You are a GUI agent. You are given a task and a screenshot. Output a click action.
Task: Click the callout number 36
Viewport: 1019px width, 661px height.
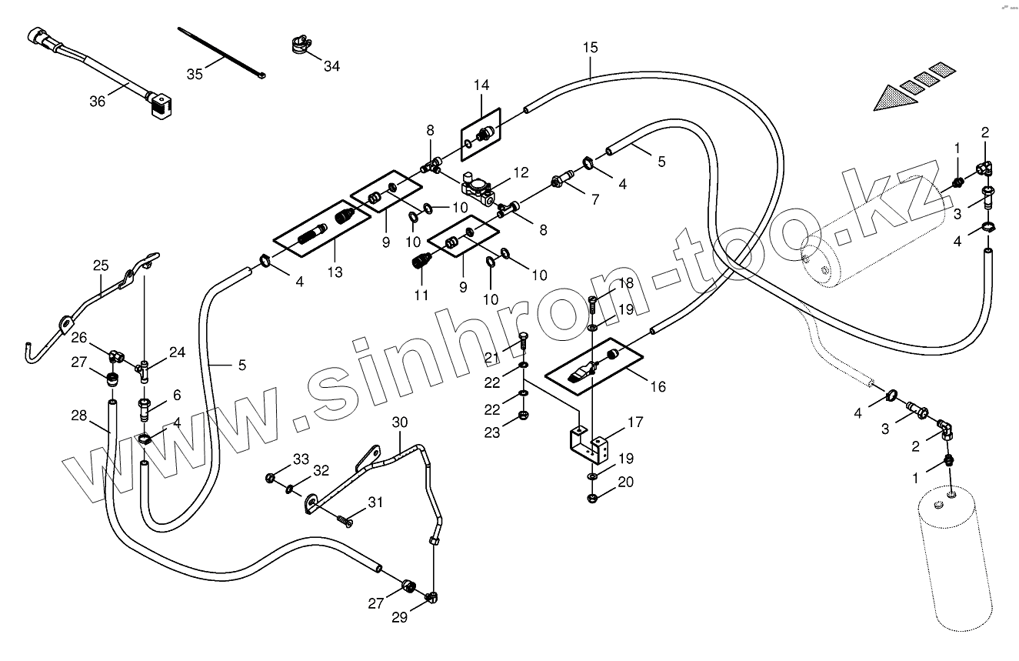(98, 100)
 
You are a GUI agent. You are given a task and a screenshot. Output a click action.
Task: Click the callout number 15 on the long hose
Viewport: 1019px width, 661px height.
(590, 48)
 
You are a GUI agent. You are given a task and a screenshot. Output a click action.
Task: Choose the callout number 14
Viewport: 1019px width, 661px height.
(481, 85)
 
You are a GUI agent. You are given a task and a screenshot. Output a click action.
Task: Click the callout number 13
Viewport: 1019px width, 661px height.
(335, 272)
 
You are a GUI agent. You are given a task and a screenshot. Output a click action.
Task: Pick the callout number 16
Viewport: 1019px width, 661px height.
(658, 386)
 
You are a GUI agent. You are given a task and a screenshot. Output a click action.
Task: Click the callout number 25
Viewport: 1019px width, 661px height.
(101, 266)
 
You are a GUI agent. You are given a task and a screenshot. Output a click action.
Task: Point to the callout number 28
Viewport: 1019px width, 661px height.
(79, 416)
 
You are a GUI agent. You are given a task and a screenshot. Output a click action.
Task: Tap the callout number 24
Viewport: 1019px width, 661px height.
(178, 353)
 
